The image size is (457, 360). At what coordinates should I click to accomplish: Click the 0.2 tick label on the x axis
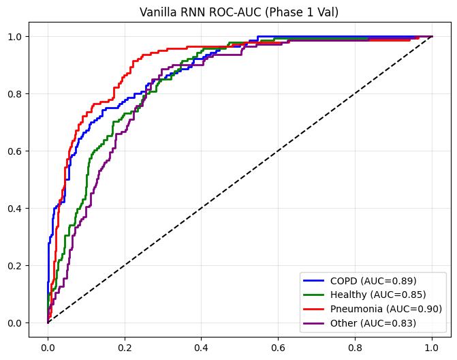125,346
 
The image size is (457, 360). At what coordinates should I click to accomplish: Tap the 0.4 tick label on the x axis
202,346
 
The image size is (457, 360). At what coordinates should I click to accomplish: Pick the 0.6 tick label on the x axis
279,346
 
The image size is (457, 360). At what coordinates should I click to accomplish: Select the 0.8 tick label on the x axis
356,346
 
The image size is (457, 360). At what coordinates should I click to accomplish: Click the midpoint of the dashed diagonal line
240,179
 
